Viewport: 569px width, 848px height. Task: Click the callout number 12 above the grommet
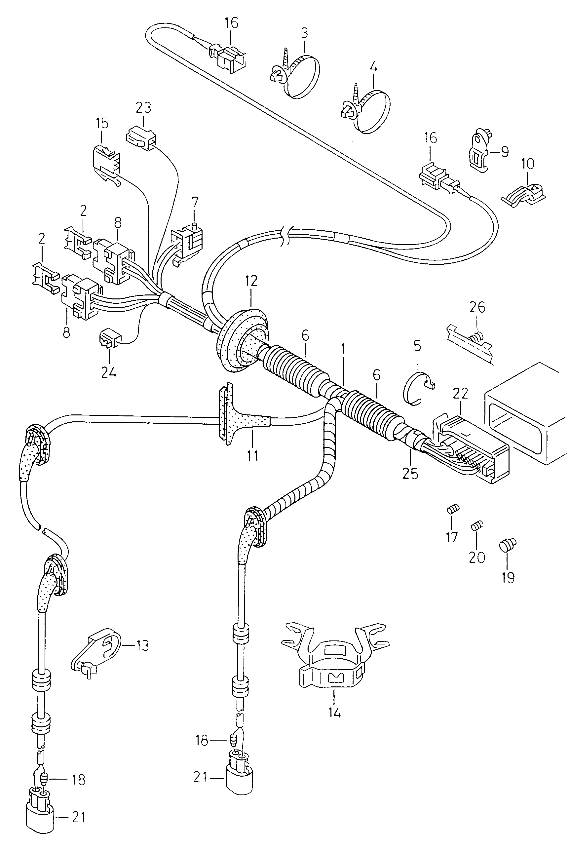(251, 281)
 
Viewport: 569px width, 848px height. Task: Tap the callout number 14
(335, 713)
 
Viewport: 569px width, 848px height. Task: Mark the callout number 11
(252, 455)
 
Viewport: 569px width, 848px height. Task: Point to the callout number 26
(477, 307)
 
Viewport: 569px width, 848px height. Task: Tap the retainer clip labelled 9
(479, 153)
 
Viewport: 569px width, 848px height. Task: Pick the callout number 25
(410, 474)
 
